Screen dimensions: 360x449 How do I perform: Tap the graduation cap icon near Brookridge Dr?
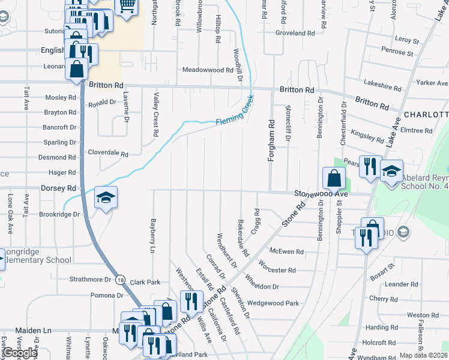[105, 198]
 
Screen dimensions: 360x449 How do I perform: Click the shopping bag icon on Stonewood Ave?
[333, 178]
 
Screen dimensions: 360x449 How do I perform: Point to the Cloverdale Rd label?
[108, 154]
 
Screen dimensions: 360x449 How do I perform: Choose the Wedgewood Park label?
[273, 304]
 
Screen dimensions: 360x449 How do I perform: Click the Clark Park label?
[145, 282]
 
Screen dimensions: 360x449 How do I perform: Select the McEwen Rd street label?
[286, 252]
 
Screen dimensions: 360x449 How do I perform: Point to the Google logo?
[19, 353]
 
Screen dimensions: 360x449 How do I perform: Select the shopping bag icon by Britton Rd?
[77, 69]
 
